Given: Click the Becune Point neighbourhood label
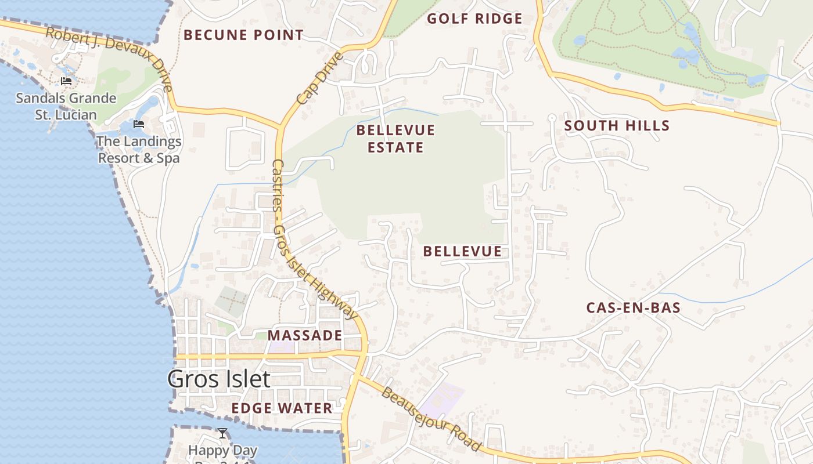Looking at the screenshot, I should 243,35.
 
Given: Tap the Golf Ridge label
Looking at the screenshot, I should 474,19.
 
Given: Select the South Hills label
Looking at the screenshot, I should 617,125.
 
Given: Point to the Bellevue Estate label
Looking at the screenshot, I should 395,138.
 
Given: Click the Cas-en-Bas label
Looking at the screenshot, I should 633,308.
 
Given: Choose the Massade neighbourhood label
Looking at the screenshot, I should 304,335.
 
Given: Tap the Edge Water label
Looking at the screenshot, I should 282,408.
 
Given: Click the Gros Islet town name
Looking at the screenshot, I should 219,379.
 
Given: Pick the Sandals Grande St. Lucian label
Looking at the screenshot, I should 66,106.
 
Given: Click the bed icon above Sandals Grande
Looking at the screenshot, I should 66,81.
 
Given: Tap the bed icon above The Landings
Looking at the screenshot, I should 138,124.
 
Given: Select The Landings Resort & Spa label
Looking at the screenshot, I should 139,150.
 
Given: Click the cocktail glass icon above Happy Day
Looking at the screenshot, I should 222,433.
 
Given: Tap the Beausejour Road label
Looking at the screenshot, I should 431,419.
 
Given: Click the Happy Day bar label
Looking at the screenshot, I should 222,451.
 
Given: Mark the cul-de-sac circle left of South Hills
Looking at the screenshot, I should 552,118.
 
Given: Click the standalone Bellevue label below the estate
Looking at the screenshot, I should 462,251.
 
